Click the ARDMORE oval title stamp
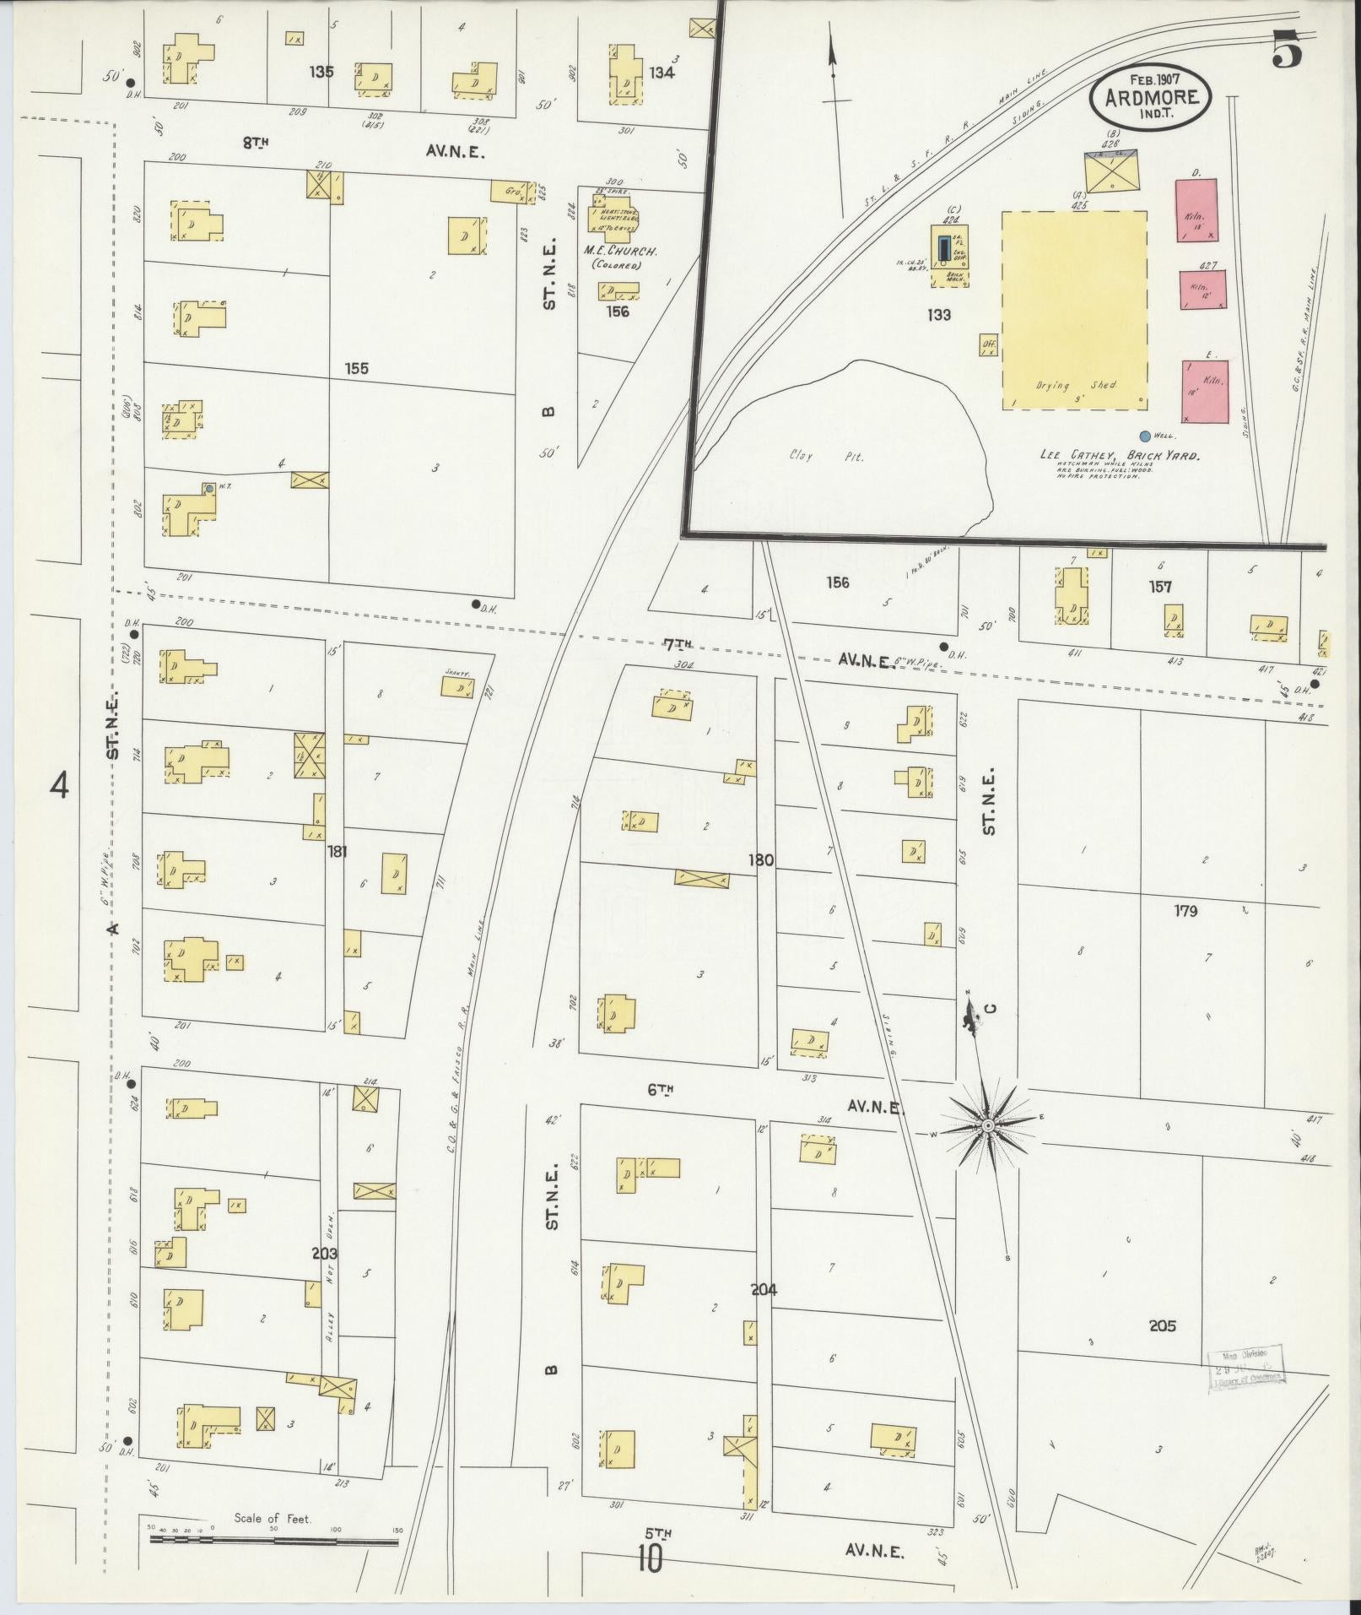(1150, 95)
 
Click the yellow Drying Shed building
(1074, 310)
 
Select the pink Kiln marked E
(1205, 390)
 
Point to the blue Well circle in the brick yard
(1145, 436)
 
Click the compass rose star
(986, 1126)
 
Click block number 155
(356, 369)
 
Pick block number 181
(338, 851)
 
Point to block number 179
(1185, 911)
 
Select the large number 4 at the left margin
(59, 786)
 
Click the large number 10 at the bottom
(650, 1558)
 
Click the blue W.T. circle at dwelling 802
(208, 488)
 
